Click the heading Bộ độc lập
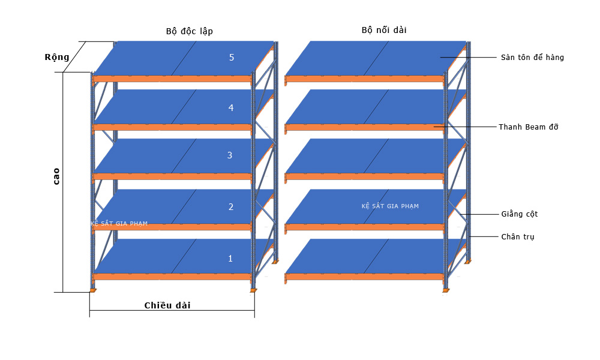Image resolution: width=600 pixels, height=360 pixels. pyautogui.click(x=190, y=31)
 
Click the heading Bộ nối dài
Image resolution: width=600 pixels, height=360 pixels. pyautogui.click(x=384, y=30)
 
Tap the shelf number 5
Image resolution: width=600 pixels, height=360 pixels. pyautogui.click(x=232, y=58)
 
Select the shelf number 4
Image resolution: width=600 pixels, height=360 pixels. pyautogui.click(x=231, y=108)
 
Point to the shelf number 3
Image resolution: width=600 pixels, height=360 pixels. pyautogui.click(x=230, y=155)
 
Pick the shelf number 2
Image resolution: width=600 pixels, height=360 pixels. pyautogui.click(x=231, y=207)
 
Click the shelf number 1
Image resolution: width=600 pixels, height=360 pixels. pyautogui.click(x=230, y=259)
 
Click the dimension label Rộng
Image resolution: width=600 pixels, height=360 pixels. pyautogui.click(x=57, y=58)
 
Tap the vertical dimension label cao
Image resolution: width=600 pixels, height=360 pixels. pyautogui.click(x=56, y=176)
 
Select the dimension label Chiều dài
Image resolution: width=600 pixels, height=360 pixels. pyautogui.click(x=167, y=305)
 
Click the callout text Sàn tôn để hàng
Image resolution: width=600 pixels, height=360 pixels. pyautogui.click(x=532, y=58)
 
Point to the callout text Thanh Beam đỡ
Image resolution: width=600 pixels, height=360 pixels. pyautogui.click(x=529, y=127)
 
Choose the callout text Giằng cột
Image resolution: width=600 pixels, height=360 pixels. pyautogui.click(x=519, y=214)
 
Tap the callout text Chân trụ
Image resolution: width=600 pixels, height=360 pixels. pyautogui.click(x=518, y=237)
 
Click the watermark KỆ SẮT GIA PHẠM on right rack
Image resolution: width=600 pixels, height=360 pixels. pyautogui.click(x=390, y=206)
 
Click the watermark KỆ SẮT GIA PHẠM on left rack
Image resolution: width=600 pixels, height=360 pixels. pyautogui.click(x=119, y=223)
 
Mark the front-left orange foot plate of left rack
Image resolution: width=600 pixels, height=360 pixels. pyautogui.click(x=92, y=291)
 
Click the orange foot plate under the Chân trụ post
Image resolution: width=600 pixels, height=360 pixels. pyautogui.click(x=467, y=262)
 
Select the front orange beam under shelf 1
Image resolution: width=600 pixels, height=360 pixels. pyautogui.click(x=172, y=277)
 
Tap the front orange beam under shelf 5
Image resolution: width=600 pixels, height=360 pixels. pyautogui.click(x=172, y=79)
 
